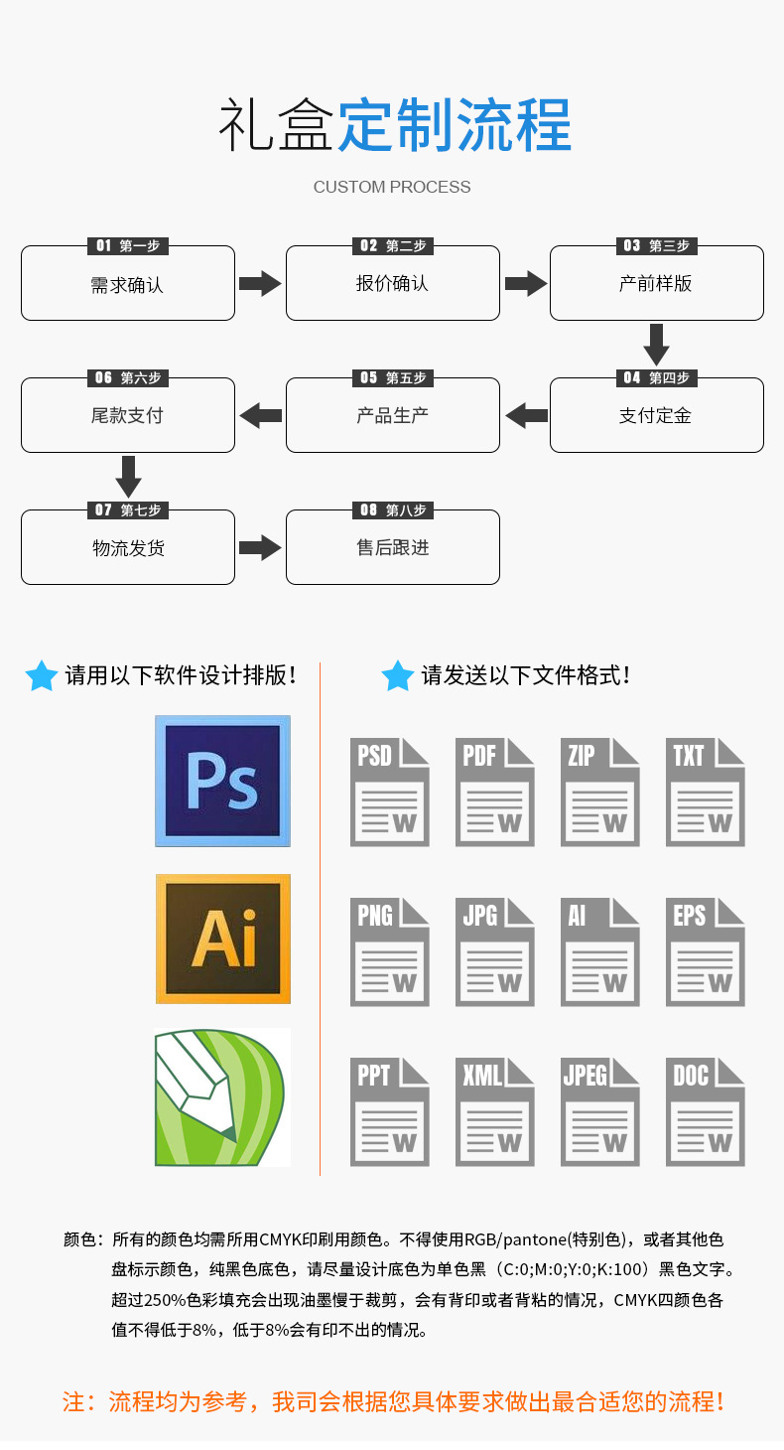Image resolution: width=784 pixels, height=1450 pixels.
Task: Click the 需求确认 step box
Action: [x=128, y=285]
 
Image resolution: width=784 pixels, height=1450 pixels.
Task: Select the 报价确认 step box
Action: [x=392, y=284]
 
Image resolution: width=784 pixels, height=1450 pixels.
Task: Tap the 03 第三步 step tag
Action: [x=656, y=245]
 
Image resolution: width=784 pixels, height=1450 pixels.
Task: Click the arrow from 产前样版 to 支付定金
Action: [x=656, y=344]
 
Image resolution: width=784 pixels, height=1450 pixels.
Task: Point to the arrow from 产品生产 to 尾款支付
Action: [x=261, y=415]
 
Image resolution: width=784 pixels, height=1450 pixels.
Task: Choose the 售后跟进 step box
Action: [x=392, y=548]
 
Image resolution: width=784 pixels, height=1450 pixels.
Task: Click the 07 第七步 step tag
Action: [x=128, y=509]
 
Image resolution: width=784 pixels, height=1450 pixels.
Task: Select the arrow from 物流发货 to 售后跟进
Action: [x=260, y=547]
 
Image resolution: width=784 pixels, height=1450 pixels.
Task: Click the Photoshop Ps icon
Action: [x=222, y=781]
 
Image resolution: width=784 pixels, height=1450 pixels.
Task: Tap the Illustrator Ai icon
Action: [x=222, y=939]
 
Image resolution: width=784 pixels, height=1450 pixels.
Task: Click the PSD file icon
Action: [x=389, y=792]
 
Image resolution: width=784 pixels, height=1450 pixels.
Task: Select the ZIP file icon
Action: [x=599, y=792]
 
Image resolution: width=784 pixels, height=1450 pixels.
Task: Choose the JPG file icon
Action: [x=494, y=951]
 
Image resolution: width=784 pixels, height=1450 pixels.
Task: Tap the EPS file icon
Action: [x=705, y=951]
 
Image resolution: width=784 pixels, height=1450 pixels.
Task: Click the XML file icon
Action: [x=494, y=1111]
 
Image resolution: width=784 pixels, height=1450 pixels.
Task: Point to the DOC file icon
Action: [x=705, y=1111]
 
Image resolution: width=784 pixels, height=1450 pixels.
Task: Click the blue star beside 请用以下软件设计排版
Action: [x=42, y=675]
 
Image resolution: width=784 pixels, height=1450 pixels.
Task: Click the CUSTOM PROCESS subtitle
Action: [x=392, y=187]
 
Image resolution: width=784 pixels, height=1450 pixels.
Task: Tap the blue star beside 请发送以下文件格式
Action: [x=397, y=675]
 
